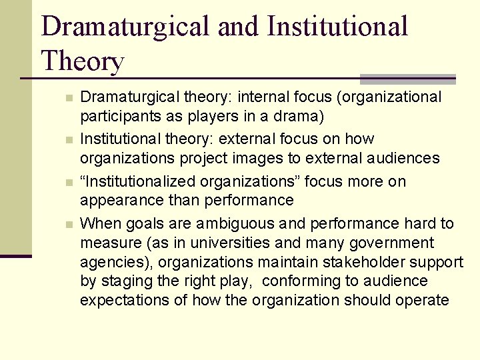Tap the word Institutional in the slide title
pos(337,26)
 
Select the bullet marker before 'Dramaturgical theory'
pos(69,98)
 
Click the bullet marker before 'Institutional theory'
pos(69,140)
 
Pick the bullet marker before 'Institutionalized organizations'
pos(69,182)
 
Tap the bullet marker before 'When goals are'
pos(69,224)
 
